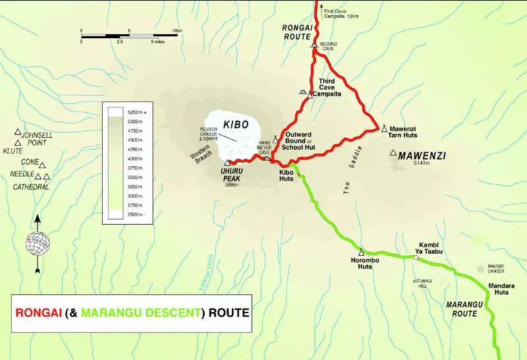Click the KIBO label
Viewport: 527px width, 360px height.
coord(236,125)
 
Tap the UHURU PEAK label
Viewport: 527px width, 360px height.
coord(236,172)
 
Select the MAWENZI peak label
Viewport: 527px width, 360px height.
coord(422,156)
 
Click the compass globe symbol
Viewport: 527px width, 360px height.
coord(38,243)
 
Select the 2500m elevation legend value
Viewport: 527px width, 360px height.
coord(136,215)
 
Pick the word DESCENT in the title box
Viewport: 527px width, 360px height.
coord(163,313)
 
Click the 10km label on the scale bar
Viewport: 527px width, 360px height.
coord(177,31)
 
